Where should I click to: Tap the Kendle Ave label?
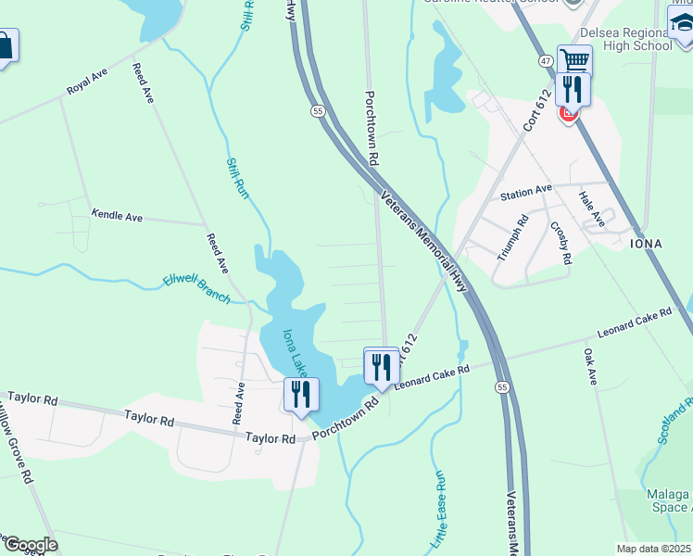coord(117,215)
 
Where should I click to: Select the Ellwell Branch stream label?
coord(196,288)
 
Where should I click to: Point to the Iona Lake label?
coord(295,352)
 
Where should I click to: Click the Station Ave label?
coord(525,192)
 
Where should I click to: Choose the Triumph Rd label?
coord(511,238)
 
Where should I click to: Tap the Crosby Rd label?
coord(561,243)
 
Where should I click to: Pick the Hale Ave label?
coord(591,208)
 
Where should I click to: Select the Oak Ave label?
coord(590,366)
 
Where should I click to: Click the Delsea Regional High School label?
coord(625,38)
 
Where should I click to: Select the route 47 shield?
coord(548,60)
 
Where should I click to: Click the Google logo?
coord(30,545)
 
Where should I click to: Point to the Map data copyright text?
coord(653,549)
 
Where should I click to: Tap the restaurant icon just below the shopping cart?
coord(573,89)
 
